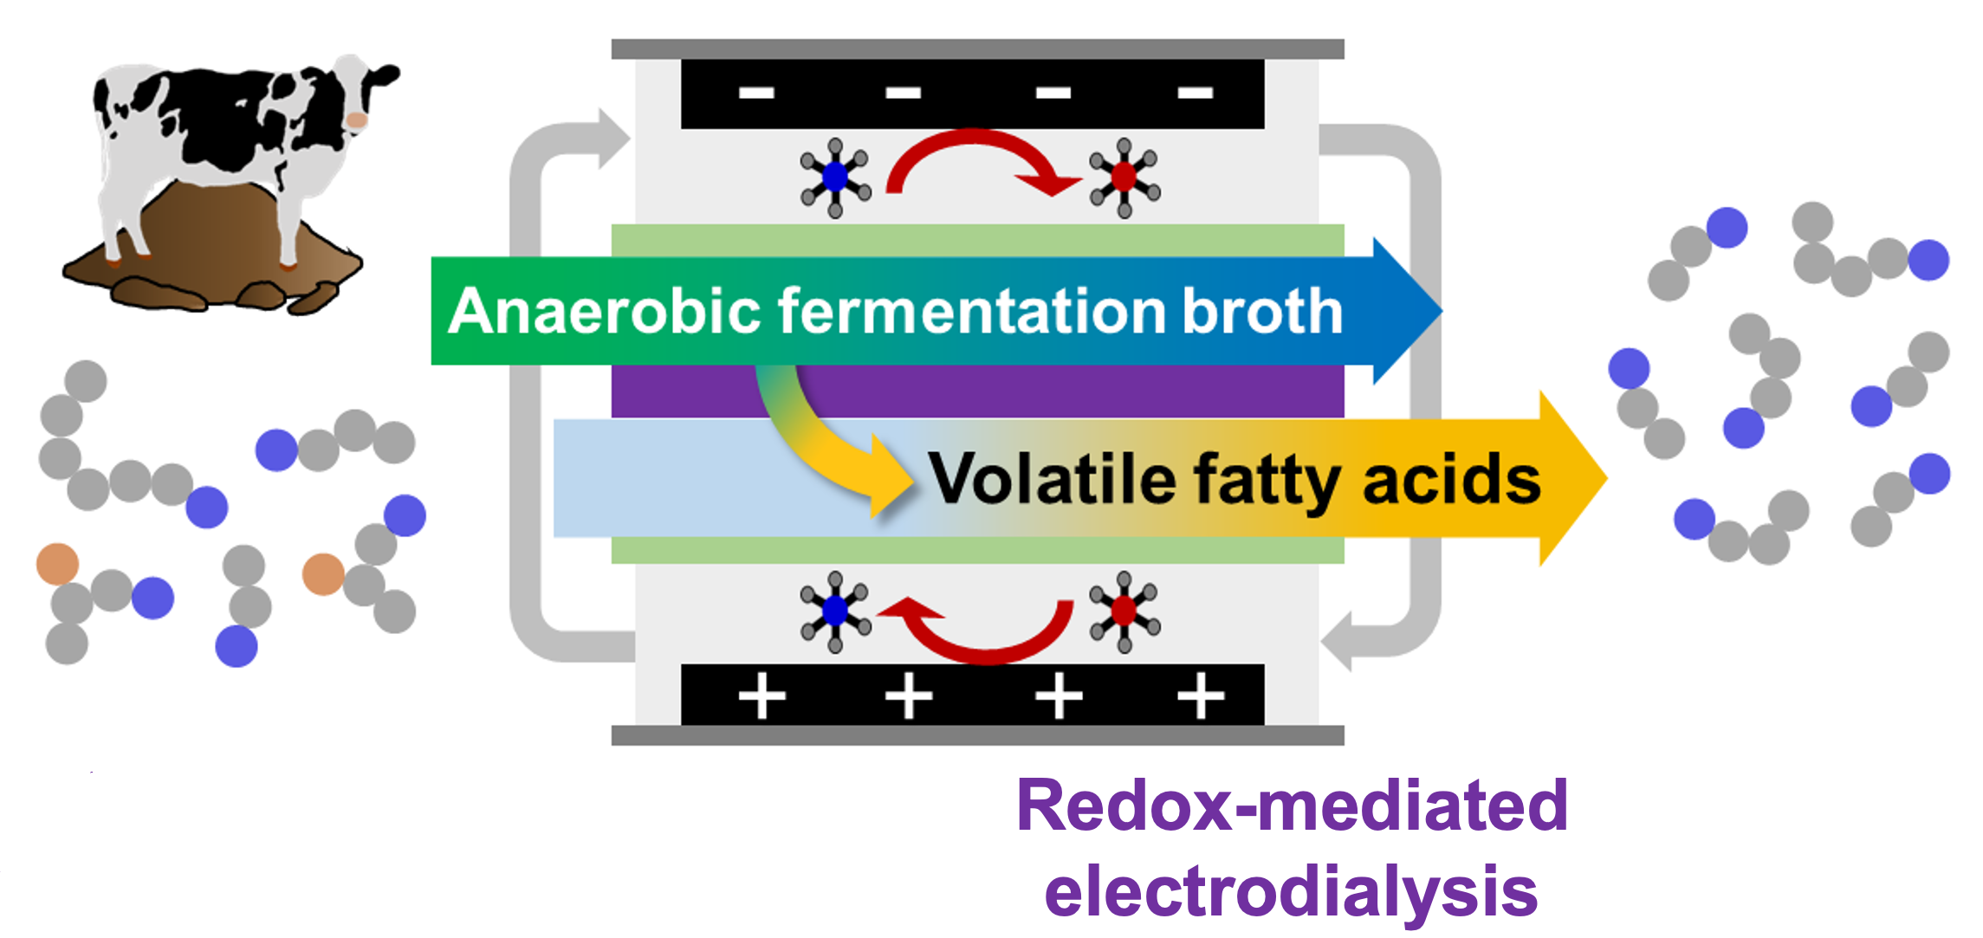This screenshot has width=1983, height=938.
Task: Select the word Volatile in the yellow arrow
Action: point(1053,479)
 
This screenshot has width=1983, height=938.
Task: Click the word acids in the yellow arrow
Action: point(1452,480)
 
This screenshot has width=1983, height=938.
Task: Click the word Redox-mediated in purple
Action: point(1292,805)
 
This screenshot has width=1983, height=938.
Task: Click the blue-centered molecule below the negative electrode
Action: point(835,178)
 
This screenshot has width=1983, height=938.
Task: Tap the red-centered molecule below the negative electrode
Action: point(1124,178)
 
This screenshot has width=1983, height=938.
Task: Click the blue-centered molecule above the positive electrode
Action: point(835,611)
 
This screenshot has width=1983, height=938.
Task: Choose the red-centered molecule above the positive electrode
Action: point(1124,611)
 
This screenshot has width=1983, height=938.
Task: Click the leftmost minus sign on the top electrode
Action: point(756,93)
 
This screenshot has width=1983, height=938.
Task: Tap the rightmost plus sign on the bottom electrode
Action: point(1201,695)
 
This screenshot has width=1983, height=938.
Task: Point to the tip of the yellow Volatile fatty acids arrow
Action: point(1607,478)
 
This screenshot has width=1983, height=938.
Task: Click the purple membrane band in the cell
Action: point(977,391)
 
